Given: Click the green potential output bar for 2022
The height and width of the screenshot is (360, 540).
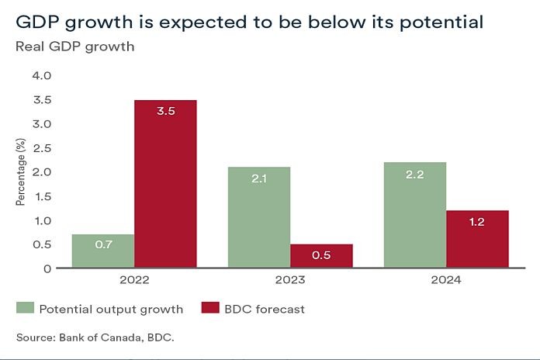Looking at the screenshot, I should pyautogui.click(x=103, y=251).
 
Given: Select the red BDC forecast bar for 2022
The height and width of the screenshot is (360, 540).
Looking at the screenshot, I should pyautogui.click(x=165, y=184).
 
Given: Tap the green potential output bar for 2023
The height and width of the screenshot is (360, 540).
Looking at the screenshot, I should pyautogui.click(x=258, y=217).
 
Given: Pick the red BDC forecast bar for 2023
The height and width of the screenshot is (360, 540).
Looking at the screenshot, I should pyautogui.click(x=321, y=256).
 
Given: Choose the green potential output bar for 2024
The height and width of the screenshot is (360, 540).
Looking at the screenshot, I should pyautogui.click(x=415, y=215).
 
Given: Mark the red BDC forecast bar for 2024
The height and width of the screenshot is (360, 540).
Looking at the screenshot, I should pyautogui.click(x=477, y=239).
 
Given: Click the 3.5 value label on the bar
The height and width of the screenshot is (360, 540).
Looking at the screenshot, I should pyautogui.click(x=165, y=111).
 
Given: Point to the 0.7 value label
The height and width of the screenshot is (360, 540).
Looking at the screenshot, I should pyautogui.click(x=103, y=244).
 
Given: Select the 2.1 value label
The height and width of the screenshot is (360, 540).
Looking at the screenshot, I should pyautogui.click(x=258, y=178).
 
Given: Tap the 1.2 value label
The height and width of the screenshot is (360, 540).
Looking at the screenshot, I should pyautogui.click(x=477, y=222).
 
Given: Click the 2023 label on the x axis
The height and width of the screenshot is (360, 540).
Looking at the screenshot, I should pyautogui.click(x=289, y=279).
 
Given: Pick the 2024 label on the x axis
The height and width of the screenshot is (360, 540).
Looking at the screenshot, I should pyautogui.click(x=445, y=279).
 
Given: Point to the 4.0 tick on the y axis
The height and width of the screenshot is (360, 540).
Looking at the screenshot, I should pyautogui.click(x=41, y=76).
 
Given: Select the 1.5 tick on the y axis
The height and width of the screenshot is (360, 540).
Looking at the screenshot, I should pyautogui.click(x=41, y=196).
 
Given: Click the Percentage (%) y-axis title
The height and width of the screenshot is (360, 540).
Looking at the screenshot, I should pyautogui.click(x=21, y=171).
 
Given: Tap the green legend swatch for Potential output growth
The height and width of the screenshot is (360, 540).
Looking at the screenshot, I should pyautogui.click(x=26, y=309).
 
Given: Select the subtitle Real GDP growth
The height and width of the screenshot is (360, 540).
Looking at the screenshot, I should pyautogui.click(x=74, y=47).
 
